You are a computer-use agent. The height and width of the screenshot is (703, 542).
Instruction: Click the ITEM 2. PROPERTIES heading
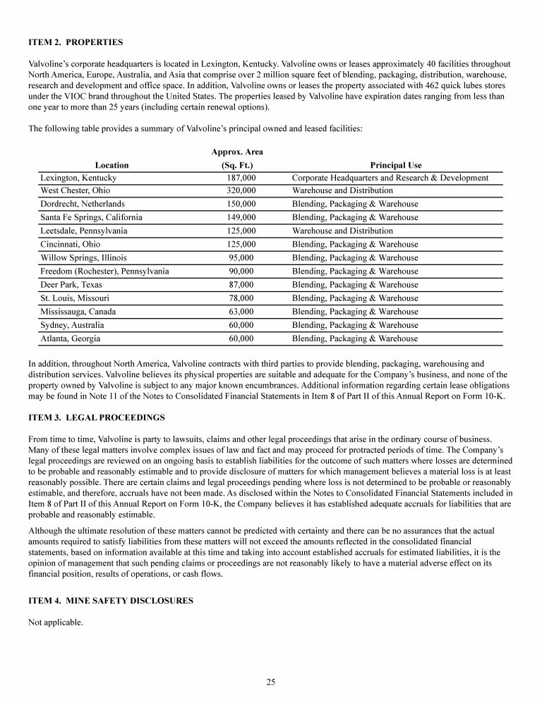[x=76, y=42]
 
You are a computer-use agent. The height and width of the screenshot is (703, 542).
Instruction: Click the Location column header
[x=112, y=165]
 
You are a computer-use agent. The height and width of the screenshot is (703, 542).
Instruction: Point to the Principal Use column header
[x=395, y=165]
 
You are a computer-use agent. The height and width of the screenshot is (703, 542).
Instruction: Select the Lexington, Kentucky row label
[x=78, y=178]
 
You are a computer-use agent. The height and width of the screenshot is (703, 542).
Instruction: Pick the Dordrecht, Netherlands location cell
[x=83, y=204]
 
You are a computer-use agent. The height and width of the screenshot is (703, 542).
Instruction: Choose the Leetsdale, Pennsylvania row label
[x=83, y=231]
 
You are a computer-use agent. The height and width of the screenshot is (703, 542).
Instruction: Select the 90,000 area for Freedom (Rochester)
[x=241, y=271]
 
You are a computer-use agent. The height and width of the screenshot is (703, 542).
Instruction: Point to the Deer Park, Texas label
[x=71, y=284]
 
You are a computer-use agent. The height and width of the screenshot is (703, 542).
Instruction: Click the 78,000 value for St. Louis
[x=241, y=298]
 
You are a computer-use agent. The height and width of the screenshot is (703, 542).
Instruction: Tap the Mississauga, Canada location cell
[x=78, y=311]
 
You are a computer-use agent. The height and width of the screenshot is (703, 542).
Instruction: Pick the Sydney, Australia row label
[x=72, y=324]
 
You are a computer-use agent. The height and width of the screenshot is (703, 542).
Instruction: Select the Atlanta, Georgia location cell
[x=71, y=338]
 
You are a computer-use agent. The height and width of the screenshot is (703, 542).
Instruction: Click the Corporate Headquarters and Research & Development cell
[x=390, y=178]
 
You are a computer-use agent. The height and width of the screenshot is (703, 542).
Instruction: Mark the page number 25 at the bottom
[x=271, y=682]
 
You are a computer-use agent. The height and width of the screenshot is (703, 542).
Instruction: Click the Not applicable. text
[x=56, y=623]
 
